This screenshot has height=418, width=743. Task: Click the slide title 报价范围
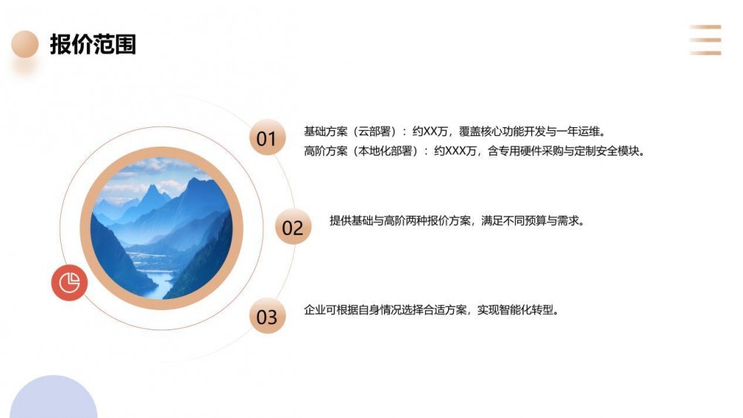click(93, 45)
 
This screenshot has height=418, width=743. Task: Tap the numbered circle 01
click(267, 138)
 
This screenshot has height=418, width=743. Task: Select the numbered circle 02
click(293, 227)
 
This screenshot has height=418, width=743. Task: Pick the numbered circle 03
click(267, 316)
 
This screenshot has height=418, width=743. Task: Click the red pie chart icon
click(70, 283)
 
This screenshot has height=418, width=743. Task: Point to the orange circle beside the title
click(25, 44)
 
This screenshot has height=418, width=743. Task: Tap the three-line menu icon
click(705, 40)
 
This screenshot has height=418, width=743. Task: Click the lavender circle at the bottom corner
click(53, 399)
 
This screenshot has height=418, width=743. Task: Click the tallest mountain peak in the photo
click(194, 179)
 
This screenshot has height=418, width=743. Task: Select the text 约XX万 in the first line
click(429, 132)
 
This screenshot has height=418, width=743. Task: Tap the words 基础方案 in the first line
click(325, 132)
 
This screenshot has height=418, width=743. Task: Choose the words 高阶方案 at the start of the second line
click(325, 151)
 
